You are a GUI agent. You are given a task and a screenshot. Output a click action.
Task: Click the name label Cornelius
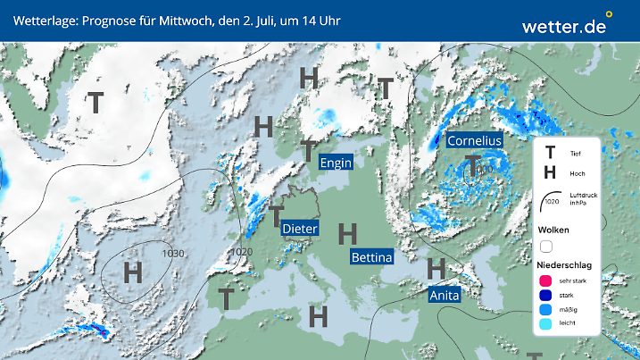(x=474, y=140)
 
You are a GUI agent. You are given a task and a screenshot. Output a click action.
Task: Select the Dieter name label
(x=300, y=229)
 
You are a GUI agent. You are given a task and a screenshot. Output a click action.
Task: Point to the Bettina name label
(x=371, y=257)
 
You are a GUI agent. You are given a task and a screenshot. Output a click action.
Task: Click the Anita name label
(x=444, y=295)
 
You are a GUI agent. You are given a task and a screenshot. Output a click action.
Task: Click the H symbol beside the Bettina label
(x=348, y=235)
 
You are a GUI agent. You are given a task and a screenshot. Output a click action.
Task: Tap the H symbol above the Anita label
(x=436, y=268)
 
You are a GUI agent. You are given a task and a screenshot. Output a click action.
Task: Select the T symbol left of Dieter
(x=278, y=216)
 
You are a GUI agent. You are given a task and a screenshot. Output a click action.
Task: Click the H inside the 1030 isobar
(x=134, y=272)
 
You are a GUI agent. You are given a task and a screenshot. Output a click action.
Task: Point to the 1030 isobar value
(x=173, y=254)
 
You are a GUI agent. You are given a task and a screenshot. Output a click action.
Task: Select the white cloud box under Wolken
(x=547, y=246)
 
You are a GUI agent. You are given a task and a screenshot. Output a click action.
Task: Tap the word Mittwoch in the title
(x=183, y=20)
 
